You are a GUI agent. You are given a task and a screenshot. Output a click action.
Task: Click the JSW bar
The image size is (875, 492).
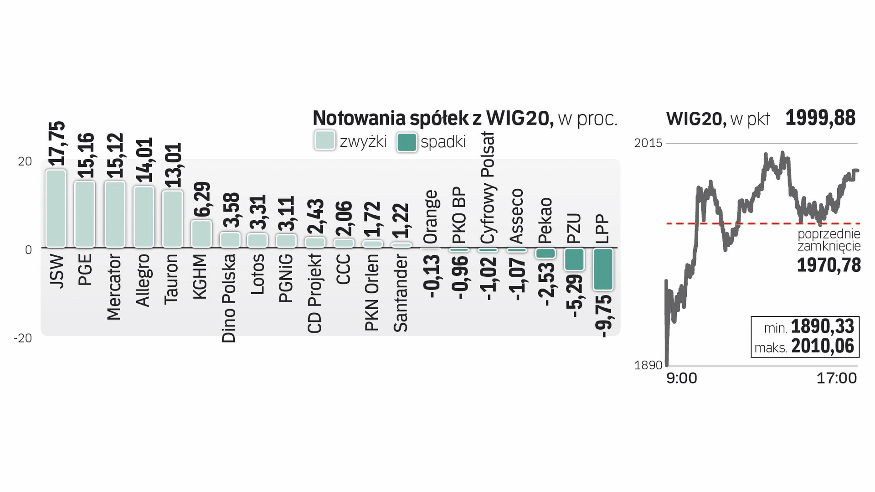(56, 208)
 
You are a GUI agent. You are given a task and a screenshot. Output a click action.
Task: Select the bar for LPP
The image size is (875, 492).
(603, 269)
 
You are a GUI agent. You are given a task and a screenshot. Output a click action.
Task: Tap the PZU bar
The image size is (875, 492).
(574, 259)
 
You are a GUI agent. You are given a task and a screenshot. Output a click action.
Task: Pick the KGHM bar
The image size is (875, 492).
(201, 234)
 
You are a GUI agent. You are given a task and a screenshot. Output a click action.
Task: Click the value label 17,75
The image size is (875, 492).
(57, 144)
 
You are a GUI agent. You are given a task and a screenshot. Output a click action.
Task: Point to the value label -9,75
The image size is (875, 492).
(604, 316)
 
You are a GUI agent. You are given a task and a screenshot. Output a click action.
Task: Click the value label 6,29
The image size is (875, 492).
(201, 199)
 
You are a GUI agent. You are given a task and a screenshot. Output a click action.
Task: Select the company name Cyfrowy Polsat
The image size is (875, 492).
(488, 188)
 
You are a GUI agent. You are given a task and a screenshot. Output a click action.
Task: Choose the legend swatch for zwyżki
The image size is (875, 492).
(324, 140)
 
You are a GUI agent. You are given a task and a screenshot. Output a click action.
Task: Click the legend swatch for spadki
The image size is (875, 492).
(407, 142)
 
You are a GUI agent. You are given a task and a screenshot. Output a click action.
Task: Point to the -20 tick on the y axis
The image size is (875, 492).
(23, 338)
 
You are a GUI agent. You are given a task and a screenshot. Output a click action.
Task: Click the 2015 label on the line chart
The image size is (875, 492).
(648, 143)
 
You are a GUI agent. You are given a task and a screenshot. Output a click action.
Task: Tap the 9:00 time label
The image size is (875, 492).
(681, 378)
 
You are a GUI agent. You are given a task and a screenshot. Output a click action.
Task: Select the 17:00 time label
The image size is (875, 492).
(836, 378)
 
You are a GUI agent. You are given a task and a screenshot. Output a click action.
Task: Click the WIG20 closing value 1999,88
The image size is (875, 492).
(820, 118)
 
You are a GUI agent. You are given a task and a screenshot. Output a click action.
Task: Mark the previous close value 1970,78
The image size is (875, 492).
(829, 265)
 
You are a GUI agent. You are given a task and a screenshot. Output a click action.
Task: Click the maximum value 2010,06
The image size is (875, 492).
(823, 347)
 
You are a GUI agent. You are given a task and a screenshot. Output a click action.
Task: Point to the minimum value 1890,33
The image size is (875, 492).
(822, 327)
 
